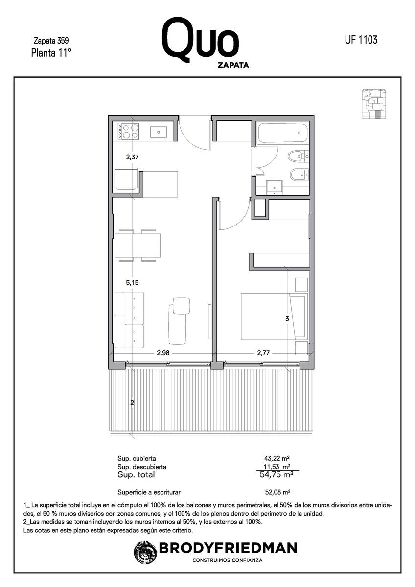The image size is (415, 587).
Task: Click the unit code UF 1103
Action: pos(361,40)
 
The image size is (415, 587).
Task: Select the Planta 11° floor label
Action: pos(51,53)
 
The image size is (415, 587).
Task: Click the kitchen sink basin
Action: pos(159,132)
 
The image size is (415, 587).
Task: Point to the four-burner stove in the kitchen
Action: pos(128,132)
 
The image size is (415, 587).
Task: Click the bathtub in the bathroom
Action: pos(282,133)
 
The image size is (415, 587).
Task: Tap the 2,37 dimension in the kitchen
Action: pos(132,157)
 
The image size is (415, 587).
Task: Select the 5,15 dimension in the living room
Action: pos(132,283)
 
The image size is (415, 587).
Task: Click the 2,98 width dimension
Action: pos(163,353)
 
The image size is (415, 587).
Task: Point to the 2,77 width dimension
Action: pos(263,353)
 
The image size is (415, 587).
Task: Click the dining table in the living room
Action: pos(138,246)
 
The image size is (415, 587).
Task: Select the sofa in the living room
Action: pos(129,320)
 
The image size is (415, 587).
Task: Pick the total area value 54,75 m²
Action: pos(277,474)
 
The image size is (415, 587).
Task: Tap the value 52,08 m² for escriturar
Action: pos(277,492)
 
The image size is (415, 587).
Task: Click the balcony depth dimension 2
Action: pos(132,402)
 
